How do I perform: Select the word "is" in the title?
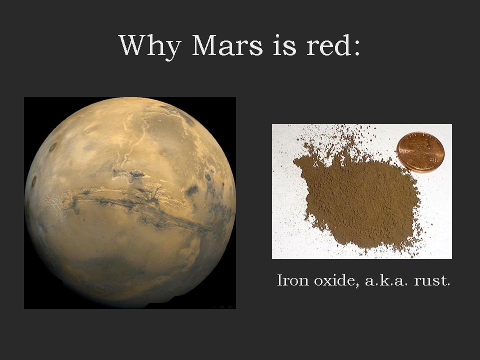point(284,45)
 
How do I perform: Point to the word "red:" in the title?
point(333,45)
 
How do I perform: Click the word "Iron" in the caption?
point(293,280)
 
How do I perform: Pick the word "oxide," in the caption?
point(336,280)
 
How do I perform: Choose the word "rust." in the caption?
point(432,280)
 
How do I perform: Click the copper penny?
point(420,152)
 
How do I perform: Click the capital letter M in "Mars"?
point(205,45)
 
